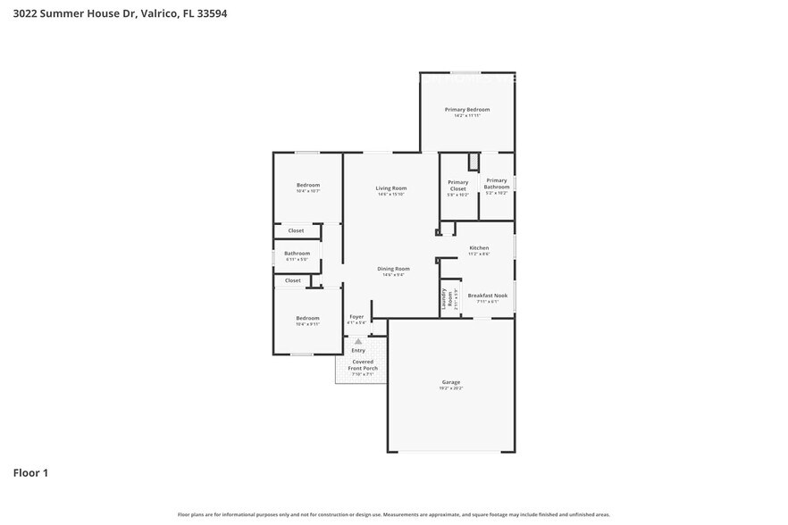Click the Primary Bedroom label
pyautogui.click(x=467, y=109)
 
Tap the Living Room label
pyautogui.click(x=390, y=187)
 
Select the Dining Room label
pyautogui.click(x=393, y=268)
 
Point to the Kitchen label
pyautogui.click(x=479, y=247)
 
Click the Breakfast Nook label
pyautogui.click(x=487, y=295)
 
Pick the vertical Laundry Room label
pyautogui.click(x=444, y=299)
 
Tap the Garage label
pyautogui.click(x=450, y=382)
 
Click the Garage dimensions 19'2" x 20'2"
pyautogui.click(x=450, y=388)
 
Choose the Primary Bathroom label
pyautogui.click(x=496, y=183)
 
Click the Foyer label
pyautogui.click(x=356, y=316)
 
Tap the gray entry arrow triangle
pyautogui.click(x=358, y=340)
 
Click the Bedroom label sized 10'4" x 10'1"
pyautogui.click(x=307, y=185)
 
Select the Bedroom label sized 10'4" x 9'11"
pyautogui.click(x=307, y=318)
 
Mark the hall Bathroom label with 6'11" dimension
pyautogui.click(x=297, y=253)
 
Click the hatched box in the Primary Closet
pyautogui.click(x=474, y=162)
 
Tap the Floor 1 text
pyautogui.click(x=29, y=472)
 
